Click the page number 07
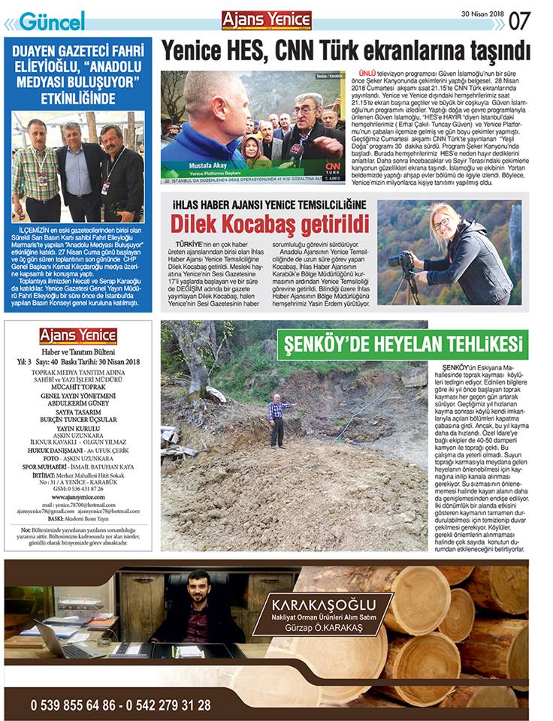520,20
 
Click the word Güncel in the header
51,21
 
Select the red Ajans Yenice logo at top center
267,20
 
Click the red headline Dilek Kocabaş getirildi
270,224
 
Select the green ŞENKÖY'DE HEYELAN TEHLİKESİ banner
402,345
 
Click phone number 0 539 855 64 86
72,705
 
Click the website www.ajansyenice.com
78,496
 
